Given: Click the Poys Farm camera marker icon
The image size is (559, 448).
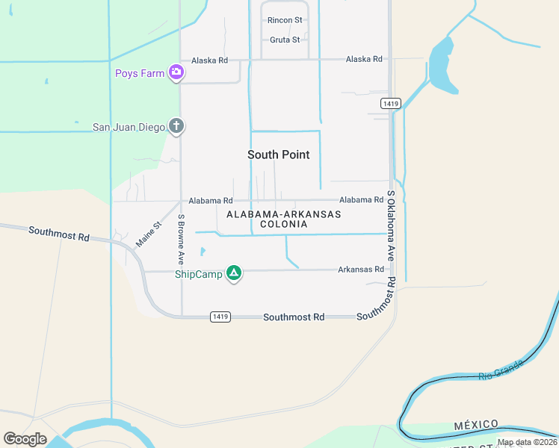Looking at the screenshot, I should click(176, 72).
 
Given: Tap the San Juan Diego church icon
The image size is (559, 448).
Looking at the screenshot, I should click(176, 126).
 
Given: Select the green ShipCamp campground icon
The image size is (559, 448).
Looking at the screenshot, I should click(234, 274).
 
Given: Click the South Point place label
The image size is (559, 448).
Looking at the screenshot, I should click(279, 155).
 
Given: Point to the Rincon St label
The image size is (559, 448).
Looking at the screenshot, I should click(285, 20).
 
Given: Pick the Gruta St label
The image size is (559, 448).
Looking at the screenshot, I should click(284, 40).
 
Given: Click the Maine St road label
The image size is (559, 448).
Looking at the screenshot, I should click(148, 235).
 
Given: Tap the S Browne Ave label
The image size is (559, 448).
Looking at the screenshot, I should click(181, 239).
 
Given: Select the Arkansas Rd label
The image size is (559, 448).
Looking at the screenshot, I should click(360, 270).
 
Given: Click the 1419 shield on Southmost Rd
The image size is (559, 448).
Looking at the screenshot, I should click(219, 317).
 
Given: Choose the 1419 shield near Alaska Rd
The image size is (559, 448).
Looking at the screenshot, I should click(390, 102).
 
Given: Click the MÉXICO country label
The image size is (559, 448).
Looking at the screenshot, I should click(476, 425).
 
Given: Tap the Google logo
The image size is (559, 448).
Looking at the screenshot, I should click(25, 439).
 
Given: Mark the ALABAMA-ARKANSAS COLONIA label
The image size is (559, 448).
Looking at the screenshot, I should click(283, 219).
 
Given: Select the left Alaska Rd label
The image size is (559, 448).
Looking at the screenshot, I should click(209, 60).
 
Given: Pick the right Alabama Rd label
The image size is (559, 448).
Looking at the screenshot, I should click(361, 200).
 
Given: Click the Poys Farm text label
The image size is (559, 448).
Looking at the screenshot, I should click(140, 73).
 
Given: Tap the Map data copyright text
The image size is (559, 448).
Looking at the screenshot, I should click(527, 442).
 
